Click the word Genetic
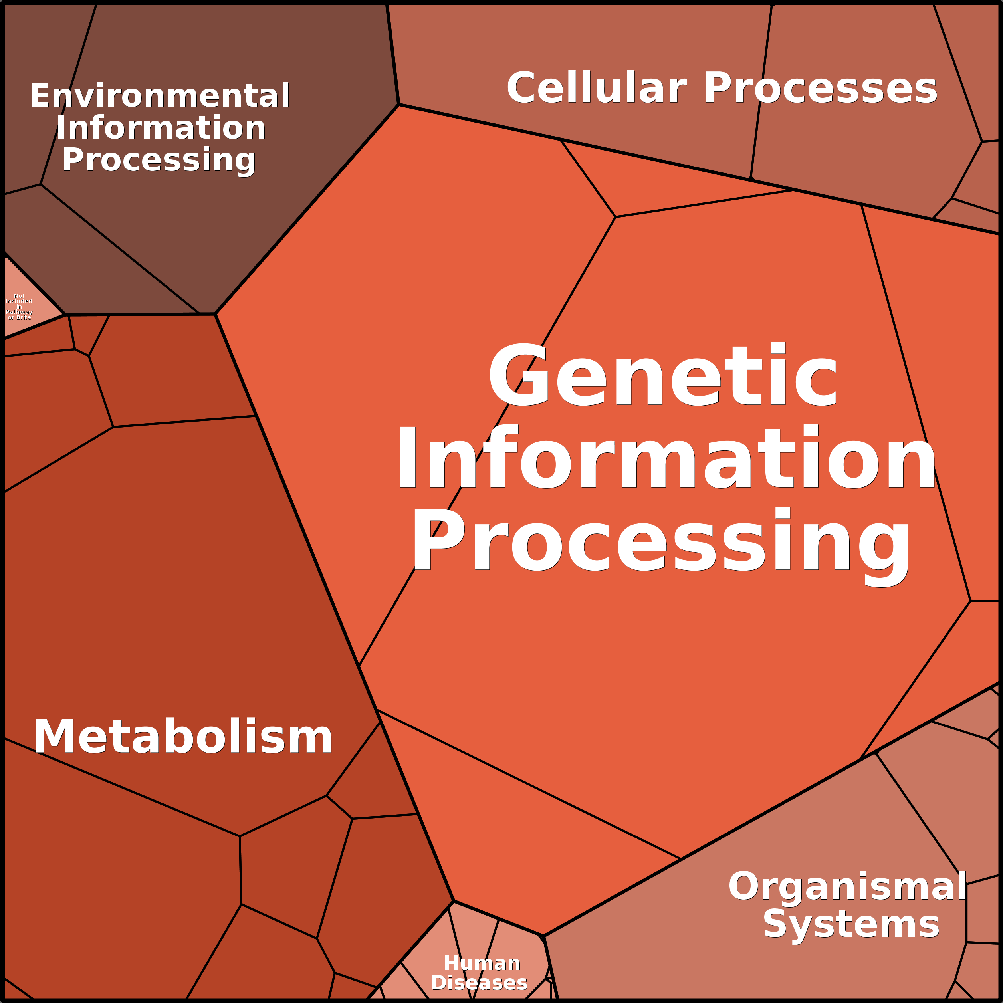(662, 375)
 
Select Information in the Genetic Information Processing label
(666, 457)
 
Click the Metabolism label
(183, 737)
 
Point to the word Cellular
(597, 88)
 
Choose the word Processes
(820, 89)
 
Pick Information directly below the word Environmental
(161, 128)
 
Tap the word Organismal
(847, 886)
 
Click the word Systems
(851, 925)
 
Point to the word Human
(482, 963)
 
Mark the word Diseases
(479, 983)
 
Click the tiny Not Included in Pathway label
(19, 306)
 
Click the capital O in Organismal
(743, 886)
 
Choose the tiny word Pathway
(19, 312)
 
